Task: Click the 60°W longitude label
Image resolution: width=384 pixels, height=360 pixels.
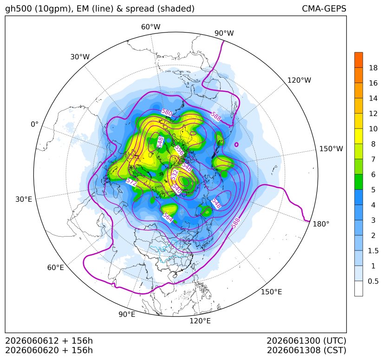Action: tap(150, 27)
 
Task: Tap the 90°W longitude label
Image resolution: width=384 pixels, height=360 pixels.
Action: tap(224, 33)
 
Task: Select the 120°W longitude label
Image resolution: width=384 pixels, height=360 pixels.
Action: tap(299, 80)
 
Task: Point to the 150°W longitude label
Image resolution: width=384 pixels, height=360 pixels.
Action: tap(331, 148)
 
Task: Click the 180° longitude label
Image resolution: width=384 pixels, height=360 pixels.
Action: tap(321, 224)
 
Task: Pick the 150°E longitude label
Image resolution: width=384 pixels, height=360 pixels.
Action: tap(271, 292)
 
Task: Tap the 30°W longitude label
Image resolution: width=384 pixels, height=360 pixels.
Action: tap(80, 57)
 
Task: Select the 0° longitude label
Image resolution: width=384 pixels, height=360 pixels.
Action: tap(34, 124)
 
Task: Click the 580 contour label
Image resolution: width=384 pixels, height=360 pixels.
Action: tap(167, 113)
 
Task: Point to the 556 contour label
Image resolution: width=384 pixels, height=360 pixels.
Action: tap(179, 150)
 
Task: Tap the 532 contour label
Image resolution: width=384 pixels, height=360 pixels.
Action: tap(175, 175)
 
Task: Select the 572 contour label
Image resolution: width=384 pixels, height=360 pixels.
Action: tap(131, 182)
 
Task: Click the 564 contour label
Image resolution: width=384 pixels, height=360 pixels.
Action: tap(168, 217)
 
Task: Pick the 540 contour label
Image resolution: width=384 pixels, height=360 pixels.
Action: tap(176, 188)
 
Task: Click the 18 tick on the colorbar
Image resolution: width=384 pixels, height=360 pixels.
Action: tap(373, 68)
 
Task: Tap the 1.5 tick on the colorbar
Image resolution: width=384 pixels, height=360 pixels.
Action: tap(373, 251)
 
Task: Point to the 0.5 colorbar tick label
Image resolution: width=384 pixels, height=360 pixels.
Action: tap(373, 281)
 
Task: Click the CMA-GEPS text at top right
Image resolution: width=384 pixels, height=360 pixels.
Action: tap(324, 8)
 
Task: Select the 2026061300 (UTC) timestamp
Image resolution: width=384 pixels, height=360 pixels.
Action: tap(306, 341)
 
